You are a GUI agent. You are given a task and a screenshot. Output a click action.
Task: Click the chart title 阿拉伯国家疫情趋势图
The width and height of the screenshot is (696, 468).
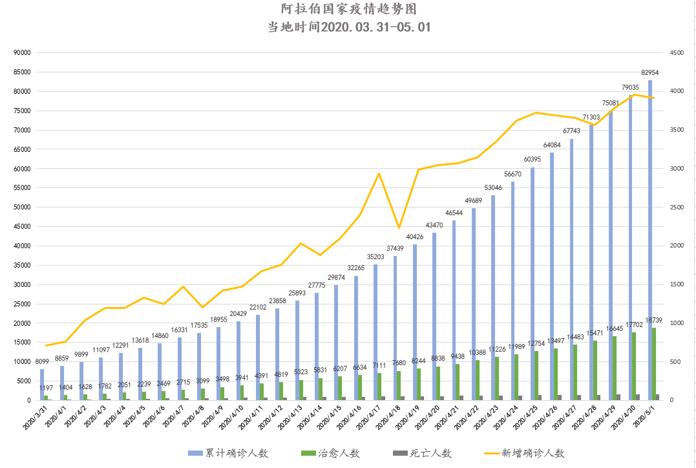(348, 10)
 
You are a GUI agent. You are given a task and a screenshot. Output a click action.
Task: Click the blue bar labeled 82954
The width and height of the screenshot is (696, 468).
(650, 239)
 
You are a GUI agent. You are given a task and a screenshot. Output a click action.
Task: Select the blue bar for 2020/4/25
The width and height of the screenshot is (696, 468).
(533, 284)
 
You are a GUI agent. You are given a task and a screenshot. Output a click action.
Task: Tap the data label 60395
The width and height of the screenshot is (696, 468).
(533, 159)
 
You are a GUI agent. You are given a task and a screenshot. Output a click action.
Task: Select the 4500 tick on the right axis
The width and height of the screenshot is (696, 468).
(677, 53)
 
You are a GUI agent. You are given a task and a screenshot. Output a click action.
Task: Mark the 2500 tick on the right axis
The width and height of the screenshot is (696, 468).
(677, 207)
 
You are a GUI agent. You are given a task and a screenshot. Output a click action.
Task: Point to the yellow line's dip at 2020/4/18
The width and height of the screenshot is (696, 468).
(399, 228)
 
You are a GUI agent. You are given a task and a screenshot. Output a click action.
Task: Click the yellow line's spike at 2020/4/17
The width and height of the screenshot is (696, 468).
(379, 173)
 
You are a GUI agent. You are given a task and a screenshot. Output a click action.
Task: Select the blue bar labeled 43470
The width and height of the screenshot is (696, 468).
(434, 317)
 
